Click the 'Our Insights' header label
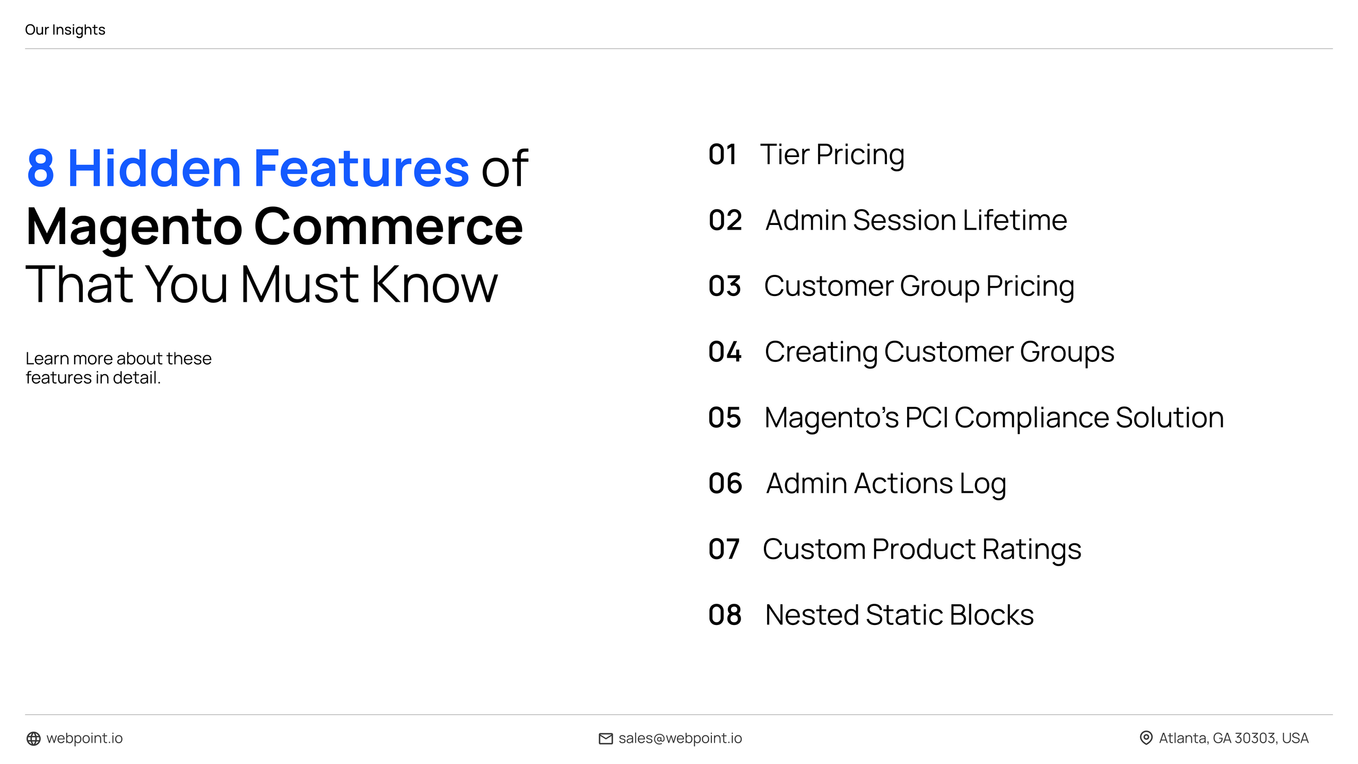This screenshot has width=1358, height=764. pos(65,30)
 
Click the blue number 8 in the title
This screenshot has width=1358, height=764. pos(41,168)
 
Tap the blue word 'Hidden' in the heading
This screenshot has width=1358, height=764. pos(154,168)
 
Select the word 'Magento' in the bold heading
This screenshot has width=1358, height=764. pos(134,227)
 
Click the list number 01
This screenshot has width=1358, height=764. pos(722,155)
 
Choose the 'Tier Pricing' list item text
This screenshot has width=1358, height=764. pos(832,155)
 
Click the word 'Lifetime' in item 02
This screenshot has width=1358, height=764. pos(1014,220)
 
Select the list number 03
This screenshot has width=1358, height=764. pos(724,286)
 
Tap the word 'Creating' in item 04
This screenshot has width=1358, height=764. pos(821,352)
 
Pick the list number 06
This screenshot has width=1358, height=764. pos(725,483)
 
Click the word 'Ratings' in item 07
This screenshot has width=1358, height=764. pos(1031,549)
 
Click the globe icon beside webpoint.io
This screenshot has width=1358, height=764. pos(33,739)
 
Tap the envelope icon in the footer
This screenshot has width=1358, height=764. pos(605,739)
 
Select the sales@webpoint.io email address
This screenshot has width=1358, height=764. pos(680,739)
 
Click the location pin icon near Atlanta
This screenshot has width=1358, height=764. pos(1146,738)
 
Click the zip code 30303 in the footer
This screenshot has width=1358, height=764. pos(1255,739)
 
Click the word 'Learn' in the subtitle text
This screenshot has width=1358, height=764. pos(47,359)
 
